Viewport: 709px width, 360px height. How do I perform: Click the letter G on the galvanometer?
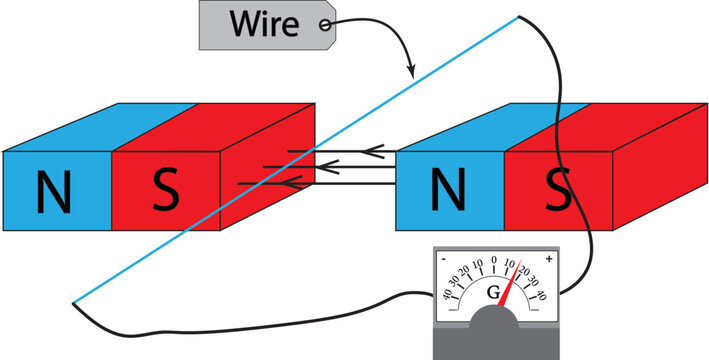pos(492,293)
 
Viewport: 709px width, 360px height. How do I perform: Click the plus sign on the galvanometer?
pos(546,257)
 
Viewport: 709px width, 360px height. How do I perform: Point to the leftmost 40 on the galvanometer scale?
pos(447,295)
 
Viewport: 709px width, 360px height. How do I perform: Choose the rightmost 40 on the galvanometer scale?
pos(540,295)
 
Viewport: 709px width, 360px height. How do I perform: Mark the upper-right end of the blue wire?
pos(519,16)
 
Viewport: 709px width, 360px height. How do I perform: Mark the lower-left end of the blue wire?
pos(73,302)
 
